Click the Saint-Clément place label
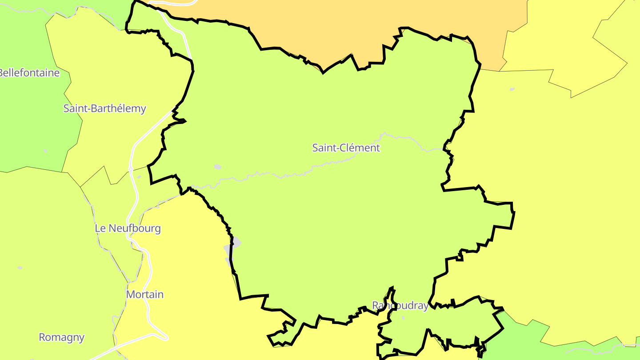click(x=346, y=148)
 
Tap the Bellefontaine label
click(x=29, y=73)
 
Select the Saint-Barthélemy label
click(x=104, y=108)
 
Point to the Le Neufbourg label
click(x=128, y=228)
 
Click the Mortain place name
click(x=145, y=295)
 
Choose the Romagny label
click(x=61, y=337)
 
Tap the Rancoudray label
click(x=400, y=306)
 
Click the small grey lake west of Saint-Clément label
click(x=217, y=167)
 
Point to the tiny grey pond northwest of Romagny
click(x=20, y=268)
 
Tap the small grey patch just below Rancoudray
click(x=403, y=318)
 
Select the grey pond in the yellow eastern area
click(x=512, y=89)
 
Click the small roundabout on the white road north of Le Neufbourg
click(x=131, y=169)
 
